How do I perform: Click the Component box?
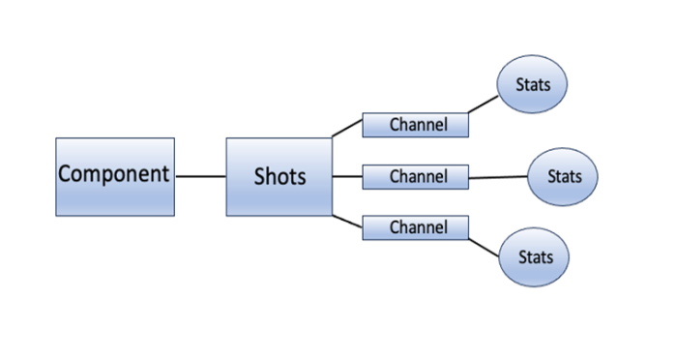point(114,176)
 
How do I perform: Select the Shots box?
point(279,176)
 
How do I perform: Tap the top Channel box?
point(415,125)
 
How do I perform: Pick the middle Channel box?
point(415,177)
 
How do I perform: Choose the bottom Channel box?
point(415,228)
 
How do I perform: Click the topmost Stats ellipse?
point(532,85)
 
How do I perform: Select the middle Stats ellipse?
point(563,177)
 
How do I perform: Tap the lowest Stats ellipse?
point(534,257)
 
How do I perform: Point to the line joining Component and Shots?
point(200,177)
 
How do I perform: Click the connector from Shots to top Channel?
point(347,128)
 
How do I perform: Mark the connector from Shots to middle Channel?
point(347,177)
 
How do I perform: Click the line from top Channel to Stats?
point(485,105)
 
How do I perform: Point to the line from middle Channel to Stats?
point(498,177)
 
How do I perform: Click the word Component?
point(114,175)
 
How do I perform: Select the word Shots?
point(279,176)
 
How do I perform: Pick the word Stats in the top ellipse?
point(532,85)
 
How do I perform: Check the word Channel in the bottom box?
point(418,228)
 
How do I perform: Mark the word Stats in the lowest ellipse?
point(534,257)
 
